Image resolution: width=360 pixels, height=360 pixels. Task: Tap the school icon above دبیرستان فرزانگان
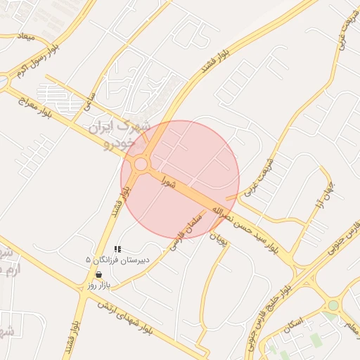click(117, 249)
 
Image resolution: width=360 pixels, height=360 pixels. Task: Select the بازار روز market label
click(99, 285)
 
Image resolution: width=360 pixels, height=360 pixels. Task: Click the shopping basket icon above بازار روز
click(98, 275)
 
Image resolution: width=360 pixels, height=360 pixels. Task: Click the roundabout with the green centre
click(333, 306)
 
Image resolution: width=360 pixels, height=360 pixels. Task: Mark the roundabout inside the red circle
click(141, 165)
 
